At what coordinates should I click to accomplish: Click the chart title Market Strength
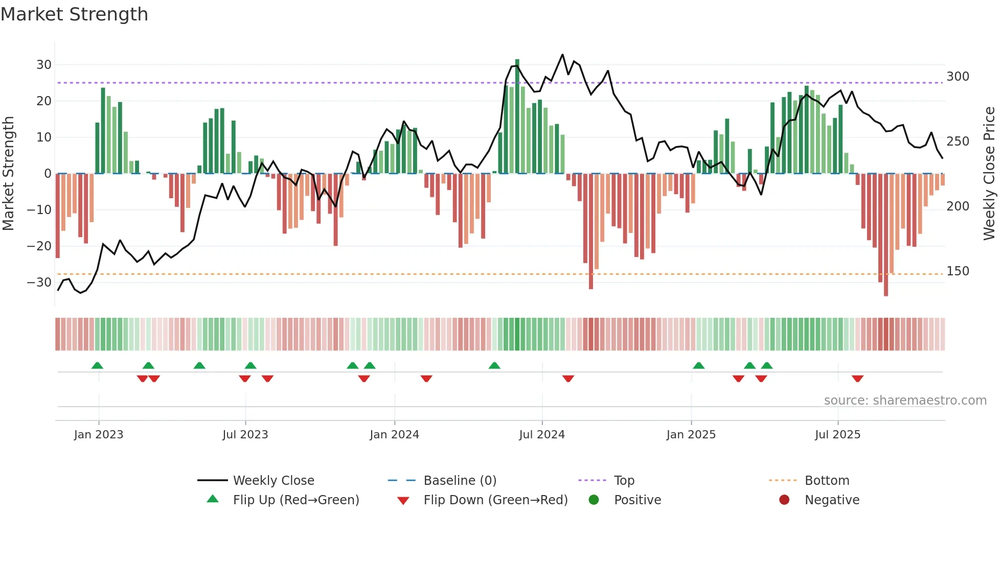click(x=74, y=14)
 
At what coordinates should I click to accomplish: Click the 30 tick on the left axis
click(x=44, y=65)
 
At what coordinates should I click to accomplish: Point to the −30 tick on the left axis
click(x=40, y=283)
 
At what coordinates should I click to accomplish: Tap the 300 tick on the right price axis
click(x=958, y=77)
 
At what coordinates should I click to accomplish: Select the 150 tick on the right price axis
click(x=958, y=271)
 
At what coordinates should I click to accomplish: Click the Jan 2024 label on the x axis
click(x=394, y=435)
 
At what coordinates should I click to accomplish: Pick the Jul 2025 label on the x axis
click(x=837, y=435)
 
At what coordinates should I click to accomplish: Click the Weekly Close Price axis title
click(x=989, y=174)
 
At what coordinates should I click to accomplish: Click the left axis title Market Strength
click(x=9, y=174)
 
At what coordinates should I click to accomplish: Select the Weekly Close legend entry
click(x=274, y=481)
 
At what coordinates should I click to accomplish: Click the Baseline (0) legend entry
click(x=460, y=481)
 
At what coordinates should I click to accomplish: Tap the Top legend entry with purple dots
click(x=624, y=481)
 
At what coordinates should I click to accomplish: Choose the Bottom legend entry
click(x=827, y=481)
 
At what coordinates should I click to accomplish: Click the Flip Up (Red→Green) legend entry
click(x=295, y=500)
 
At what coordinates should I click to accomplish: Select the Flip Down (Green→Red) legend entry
click(x=495, y=500)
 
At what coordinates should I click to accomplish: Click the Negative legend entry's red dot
click(x=784, y=500)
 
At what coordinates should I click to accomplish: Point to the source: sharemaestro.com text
click(x=905, y=401)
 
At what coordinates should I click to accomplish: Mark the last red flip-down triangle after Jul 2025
click(x=857, y=379)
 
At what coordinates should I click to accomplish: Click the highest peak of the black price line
click(x=562, y=55)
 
